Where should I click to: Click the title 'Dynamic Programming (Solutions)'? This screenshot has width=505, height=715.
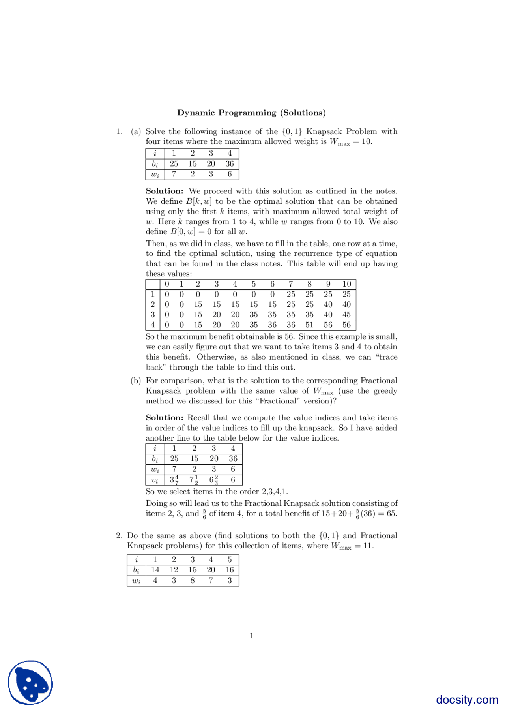coord(251,113)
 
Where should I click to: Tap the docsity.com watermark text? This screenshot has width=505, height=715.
coord(467,699)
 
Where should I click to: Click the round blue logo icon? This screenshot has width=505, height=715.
coord(30,682)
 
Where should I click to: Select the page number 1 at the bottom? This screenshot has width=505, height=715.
coord(252,636)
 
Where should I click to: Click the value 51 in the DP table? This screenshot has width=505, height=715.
coord(309,325)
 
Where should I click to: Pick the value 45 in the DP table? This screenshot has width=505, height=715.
coord(346,315)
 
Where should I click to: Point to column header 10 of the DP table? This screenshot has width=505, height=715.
coord(346,284)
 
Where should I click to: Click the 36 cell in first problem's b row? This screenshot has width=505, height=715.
coord(230,164)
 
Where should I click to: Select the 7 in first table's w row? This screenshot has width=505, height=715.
coord(174,174)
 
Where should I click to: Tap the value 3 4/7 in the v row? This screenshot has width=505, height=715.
coord(174,480)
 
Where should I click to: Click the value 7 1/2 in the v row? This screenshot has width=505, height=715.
coord(194,480)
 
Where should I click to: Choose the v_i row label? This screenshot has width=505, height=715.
coord(155,480)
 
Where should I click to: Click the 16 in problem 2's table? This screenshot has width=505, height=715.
coord(230,570)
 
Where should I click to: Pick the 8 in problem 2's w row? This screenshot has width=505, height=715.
coord(193,580)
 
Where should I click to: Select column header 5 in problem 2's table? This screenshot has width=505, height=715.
coord(230,559)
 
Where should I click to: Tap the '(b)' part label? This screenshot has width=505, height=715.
coord(136,381)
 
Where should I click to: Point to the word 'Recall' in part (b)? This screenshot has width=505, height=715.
coord(199,418)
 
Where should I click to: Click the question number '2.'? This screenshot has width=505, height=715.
coord(119,536)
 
